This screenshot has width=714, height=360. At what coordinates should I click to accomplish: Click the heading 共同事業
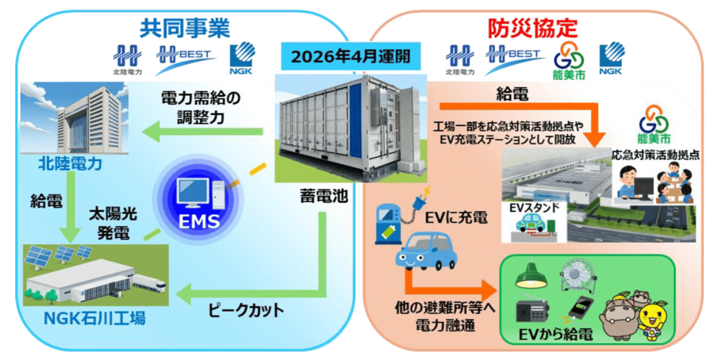click(185, 28)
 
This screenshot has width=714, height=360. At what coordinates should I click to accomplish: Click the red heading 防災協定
click(531, 29)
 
